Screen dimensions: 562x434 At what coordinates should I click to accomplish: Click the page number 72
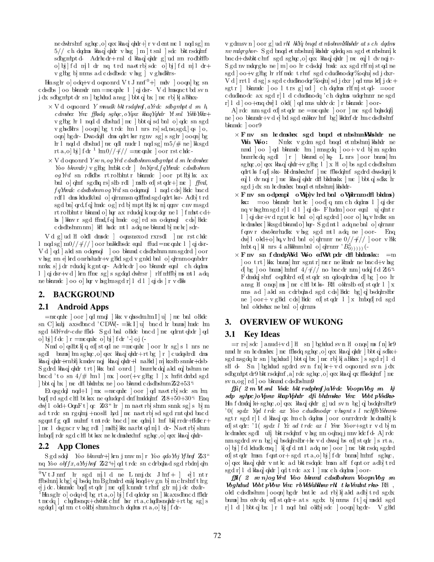[217, 548]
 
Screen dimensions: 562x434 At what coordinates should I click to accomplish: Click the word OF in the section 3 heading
[298, 322]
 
